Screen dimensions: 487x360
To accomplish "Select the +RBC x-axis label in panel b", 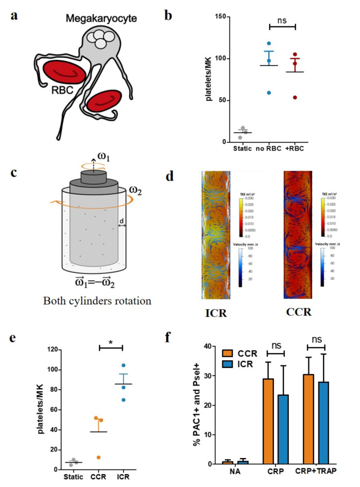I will (x=307, y=149).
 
